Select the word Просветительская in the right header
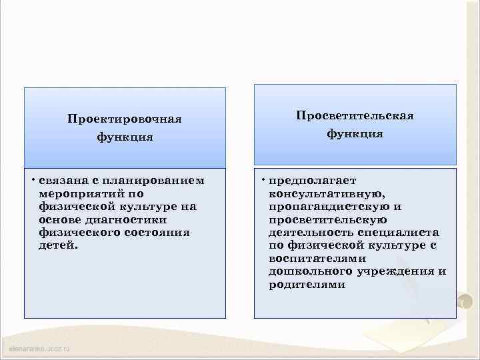(x=355, y=115)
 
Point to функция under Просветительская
(x=355, y=134)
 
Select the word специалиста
(x=398, y=232)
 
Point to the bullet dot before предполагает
(x=263, y=179)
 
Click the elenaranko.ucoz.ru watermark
(x=39, y=349)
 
